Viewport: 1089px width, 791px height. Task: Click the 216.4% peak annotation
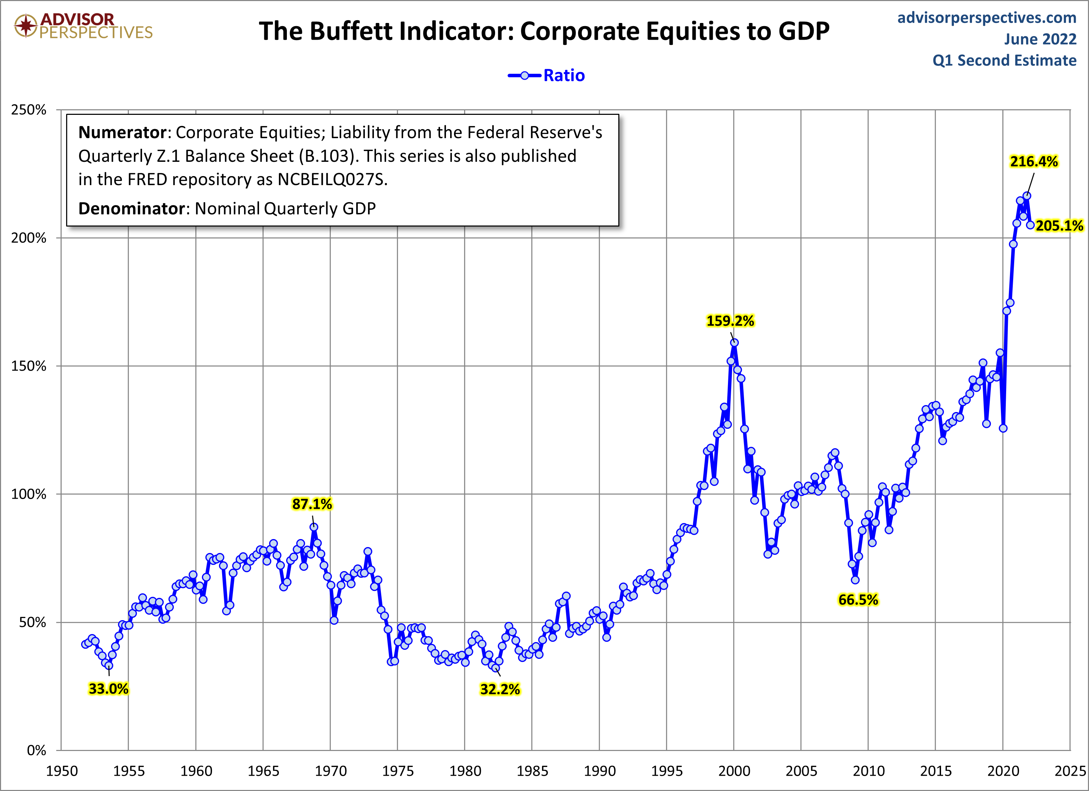point(1033,162)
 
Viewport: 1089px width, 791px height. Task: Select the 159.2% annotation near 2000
point(730,321)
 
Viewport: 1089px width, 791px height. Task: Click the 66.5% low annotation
point(858,600)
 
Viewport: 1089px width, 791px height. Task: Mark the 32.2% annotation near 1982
point(500,689)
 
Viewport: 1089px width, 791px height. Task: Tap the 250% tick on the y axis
point(29,110)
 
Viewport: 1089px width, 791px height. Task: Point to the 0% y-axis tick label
point(36,750)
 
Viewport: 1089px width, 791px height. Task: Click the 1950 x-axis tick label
point(62,771)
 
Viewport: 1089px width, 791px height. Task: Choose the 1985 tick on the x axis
point(532,771)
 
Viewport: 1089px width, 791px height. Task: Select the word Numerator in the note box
point(122,133)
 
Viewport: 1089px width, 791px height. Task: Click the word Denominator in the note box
point(131,209)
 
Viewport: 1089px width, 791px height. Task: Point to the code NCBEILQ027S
point(331,180)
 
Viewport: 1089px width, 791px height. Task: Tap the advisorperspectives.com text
point(987,18)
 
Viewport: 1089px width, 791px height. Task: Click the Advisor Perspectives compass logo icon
point(25,25)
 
